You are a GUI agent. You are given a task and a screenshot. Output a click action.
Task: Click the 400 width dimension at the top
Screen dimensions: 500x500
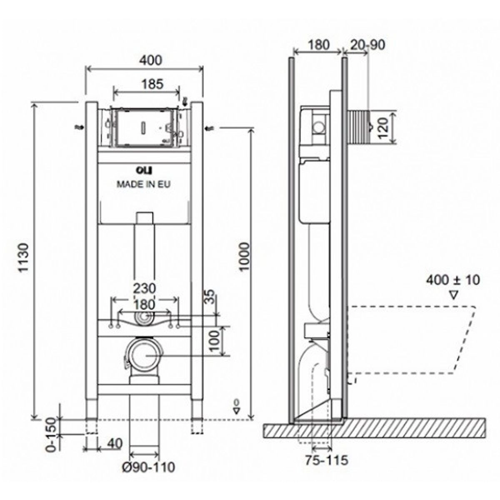tap(151, 60)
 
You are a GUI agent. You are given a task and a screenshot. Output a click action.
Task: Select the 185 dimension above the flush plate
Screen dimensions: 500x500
tap(153, 84)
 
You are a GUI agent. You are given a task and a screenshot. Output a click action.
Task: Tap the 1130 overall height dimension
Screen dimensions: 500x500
tap(24, 257)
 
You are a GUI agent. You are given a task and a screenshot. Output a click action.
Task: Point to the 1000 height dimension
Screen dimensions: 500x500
tap(245, 256)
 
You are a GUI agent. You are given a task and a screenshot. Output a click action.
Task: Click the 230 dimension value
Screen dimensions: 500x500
tap(145, 288)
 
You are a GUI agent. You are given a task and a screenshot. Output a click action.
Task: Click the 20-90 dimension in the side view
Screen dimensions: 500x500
tap(367, 45)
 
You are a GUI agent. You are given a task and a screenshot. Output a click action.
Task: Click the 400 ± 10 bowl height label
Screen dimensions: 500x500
tap(453, 280)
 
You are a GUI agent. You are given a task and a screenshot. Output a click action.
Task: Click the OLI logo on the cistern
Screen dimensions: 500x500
tap(144, 170)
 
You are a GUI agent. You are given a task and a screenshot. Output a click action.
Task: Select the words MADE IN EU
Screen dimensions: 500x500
tap(143, 184)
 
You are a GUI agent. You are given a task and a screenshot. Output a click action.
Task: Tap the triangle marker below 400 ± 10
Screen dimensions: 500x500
tap(453, 295)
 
